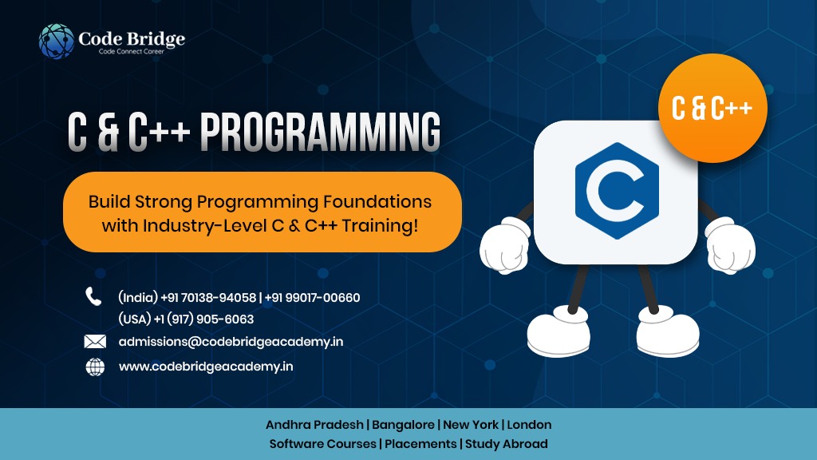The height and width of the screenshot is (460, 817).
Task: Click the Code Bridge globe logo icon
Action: [x=57, y=42]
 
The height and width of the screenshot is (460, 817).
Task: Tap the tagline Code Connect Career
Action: [x=132, y=52]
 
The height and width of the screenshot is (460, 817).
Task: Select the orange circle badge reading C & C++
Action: [x=712, y=108]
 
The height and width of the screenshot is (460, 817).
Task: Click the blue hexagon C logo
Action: [x=617, y=191]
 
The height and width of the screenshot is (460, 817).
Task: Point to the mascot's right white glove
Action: [x=729, y=244]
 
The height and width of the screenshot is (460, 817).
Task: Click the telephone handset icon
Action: [x=93, y=296]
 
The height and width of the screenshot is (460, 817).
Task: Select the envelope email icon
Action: [x=95, y=342]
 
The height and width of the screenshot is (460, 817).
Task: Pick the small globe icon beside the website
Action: [x=95, y=367]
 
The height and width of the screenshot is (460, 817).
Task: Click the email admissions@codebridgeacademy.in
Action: [x=231, y=342]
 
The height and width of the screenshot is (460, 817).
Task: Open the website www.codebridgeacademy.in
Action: [x=206, y=367]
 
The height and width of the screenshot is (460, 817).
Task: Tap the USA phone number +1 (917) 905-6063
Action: [x=203, y=319]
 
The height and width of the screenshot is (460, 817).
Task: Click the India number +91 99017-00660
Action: [x=312, y=298]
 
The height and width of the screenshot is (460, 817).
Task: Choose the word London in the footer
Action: [x=529, y=425]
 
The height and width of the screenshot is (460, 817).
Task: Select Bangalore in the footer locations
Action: [x=403, y=425]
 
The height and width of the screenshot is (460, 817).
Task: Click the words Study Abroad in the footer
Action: [x=507, y=444]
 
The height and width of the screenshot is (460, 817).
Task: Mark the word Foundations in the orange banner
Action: [x=377, y=202]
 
